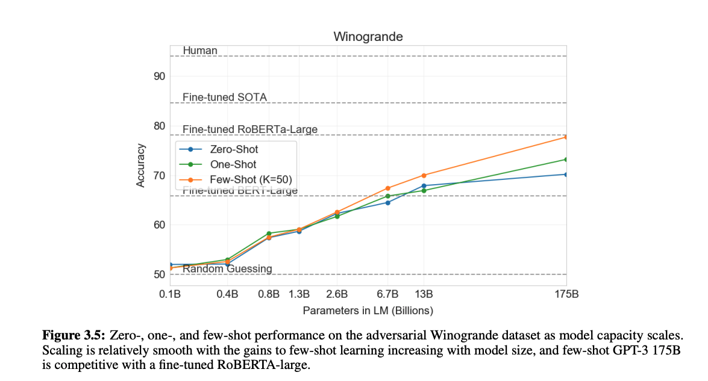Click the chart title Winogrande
pyautogui.click(x=368, y=37)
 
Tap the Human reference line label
pyautogui.click(x=200, y=51)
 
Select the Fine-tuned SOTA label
pyautogui.click(x=225, y=98)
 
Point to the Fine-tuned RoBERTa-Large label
pyautogui.click(x=249, y=129)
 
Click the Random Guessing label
pyautogui.click(x=227, y=268)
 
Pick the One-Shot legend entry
pyautogui.click(x=233, y=164)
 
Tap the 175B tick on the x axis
pyautogui.click(x=566, y=294)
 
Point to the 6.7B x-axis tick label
pyautogui.click(x=387, y=294)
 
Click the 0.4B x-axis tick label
pyautogui.click(x=227, y=294)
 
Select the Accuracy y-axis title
pyautogui.click(x=140, y=165)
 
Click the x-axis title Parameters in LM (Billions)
pyautogui.click(x=368, y=311)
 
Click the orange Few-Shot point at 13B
pyautogui.click(x=424, y=175)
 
